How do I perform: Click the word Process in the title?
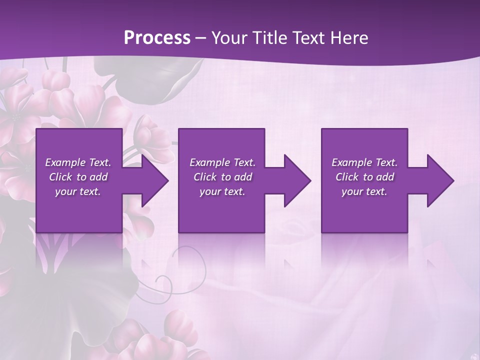[157, 37]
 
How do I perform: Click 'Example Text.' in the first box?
[78, 162]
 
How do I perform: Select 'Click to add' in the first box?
[78, 177]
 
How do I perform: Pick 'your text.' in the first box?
[78, 191]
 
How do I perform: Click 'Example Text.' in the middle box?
[222, 162]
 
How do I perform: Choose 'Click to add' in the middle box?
[222, 177]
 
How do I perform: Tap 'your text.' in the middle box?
[222, 191]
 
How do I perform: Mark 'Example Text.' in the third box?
[364, 162]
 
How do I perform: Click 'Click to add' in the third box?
[364, 177]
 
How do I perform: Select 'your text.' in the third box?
[364, 191]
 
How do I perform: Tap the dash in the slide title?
[200, 38]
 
